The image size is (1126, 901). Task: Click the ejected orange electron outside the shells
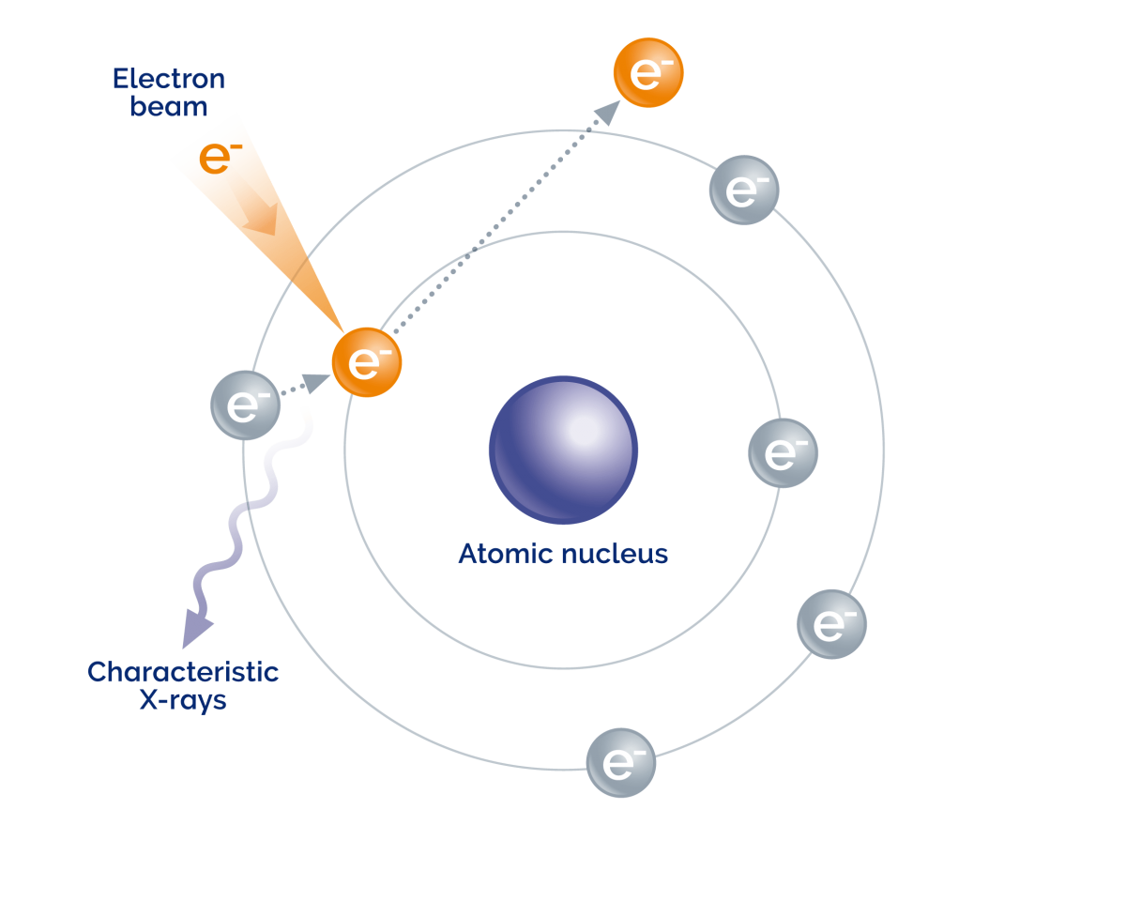(x=648, y=72)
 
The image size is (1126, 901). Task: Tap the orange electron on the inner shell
(x=367, y=362)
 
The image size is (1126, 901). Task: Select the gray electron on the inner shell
(x=783, y=452)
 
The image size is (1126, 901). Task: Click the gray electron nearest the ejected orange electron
(x=743, y=190)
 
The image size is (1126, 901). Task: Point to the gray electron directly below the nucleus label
(x=620, y=762)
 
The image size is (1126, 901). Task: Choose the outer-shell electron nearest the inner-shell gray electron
(x=831, y=624)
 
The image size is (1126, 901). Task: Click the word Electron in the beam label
(x=169, y=78)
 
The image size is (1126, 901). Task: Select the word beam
(x=169, y=106)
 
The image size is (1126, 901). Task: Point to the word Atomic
(x=505, y=554)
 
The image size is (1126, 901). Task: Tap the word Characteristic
(x=183, y=672)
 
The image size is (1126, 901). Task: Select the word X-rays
(x=183, y=700)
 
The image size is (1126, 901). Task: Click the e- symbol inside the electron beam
(x=215, y=159)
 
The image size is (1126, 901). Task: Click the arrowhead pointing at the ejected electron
(x=608, y=112)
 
